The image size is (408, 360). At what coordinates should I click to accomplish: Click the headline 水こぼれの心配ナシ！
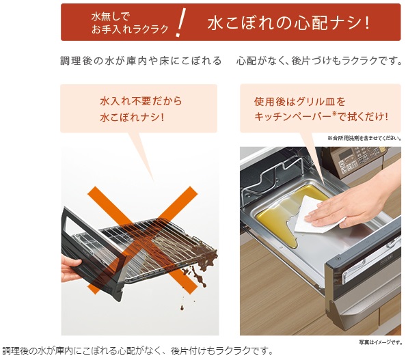(x=288, y=23)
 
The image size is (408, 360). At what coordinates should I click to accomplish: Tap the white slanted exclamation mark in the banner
(x=180, y=23)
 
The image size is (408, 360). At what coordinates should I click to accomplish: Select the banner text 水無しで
(x=110, y=16)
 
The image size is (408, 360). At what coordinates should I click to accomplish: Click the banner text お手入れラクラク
(x=130, y=29)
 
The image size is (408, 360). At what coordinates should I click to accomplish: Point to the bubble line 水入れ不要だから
(x=141, y=101)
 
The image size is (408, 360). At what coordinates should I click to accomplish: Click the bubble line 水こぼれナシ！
(x=132, y=117)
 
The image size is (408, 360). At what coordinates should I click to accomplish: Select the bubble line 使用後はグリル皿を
(x=299, y=102)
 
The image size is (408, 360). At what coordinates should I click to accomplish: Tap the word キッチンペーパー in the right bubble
(x=293, y=117)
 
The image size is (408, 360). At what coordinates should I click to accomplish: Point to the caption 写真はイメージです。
(x=381, y=342)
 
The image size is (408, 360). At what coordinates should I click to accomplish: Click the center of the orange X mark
(x=143, y=240)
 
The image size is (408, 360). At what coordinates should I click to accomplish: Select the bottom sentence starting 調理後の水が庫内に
(x=137, y=351)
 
